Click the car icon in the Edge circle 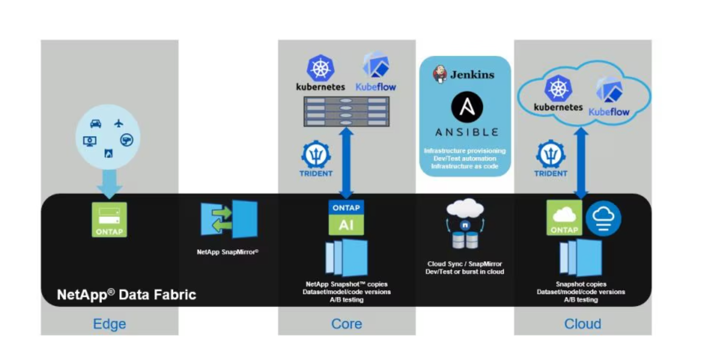[x=95, y=124]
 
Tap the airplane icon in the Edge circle [x=119, y=123]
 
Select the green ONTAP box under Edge [x=109, y=219]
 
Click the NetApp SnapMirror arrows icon [x=229, y=219]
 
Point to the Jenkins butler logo [x=440, y=74]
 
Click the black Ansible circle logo [x=467, y=107]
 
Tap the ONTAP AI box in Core [x=346, y=217]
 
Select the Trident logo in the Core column [x=316, y=156]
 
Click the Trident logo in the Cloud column [x=550, y=156]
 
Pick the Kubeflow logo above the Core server [x=376, y=66]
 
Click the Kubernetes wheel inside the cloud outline [x=558, y=89]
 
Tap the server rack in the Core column [x=346, y=111]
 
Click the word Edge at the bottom [x=109, y=324]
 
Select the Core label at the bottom [x=347, y=324]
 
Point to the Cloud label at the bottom [x=582, y=324]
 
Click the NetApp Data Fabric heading [x=127, y=294]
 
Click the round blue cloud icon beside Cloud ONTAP [x=603, y=218]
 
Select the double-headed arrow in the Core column [x=346, y=163]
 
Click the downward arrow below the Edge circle [x=109, y=184]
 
